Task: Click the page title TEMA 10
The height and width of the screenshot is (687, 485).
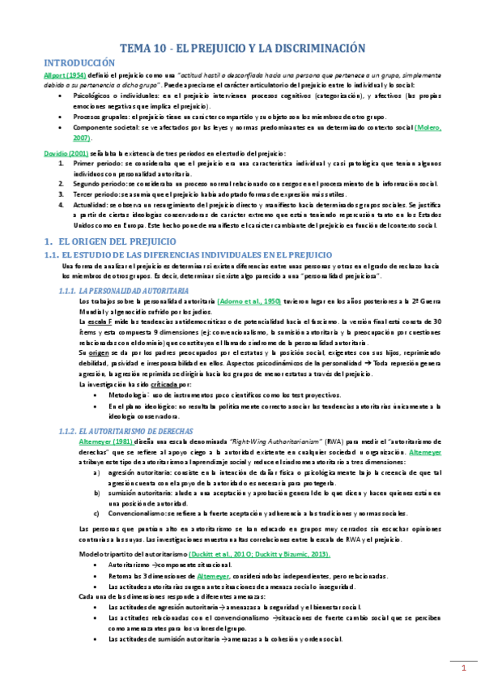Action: point(242,48)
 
